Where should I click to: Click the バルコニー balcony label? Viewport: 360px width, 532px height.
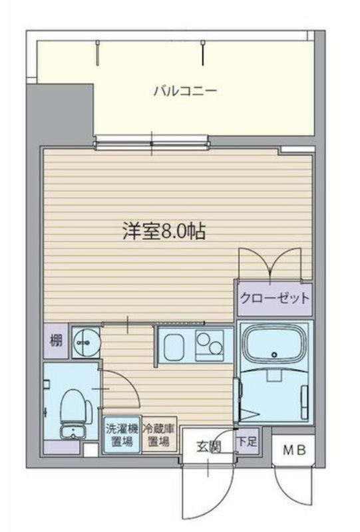185,91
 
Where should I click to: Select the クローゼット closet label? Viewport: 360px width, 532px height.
274,298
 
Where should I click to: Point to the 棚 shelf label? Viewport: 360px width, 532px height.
56,342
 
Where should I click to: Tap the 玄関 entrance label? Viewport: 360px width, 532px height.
209,446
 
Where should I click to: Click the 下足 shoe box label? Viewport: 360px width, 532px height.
246,440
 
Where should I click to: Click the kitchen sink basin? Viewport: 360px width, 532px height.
176,346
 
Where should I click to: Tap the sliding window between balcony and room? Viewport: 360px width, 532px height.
151,140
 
